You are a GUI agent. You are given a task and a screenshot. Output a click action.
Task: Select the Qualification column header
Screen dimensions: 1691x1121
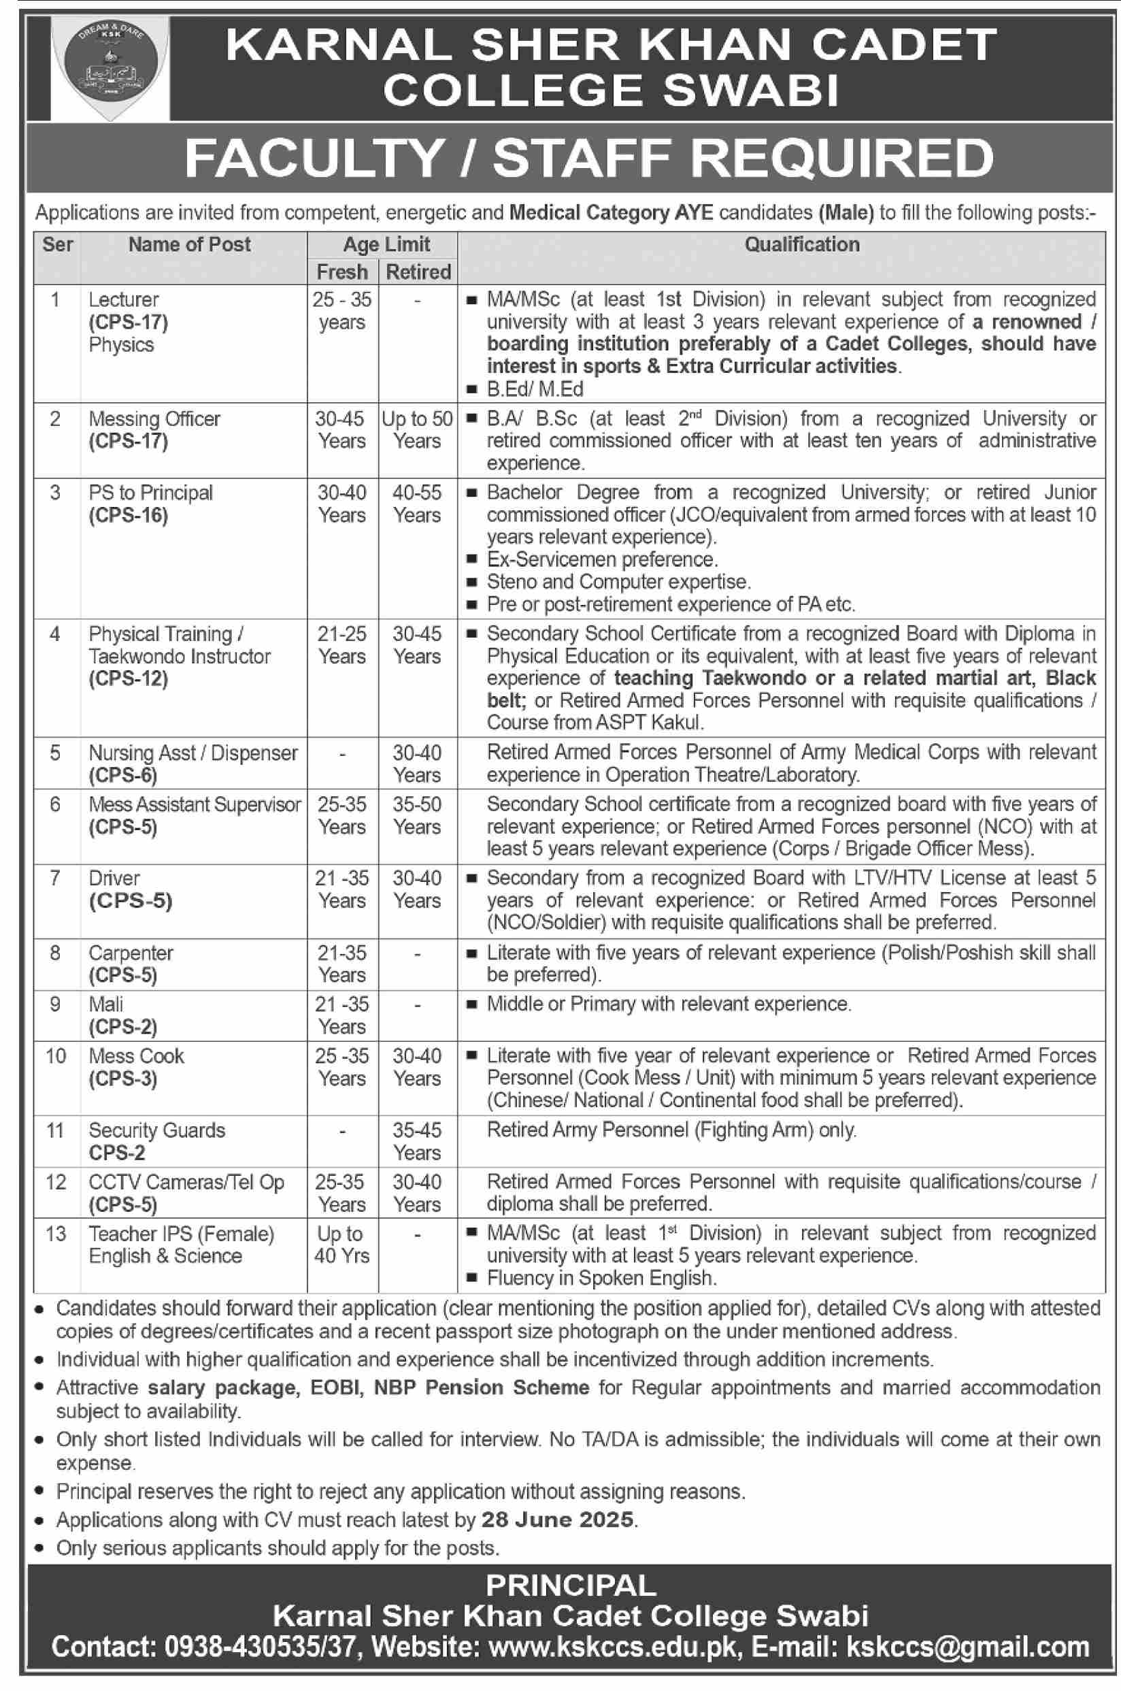801,244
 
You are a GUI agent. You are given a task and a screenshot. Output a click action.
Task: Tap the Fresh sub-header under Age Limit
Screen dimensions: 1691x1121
341,272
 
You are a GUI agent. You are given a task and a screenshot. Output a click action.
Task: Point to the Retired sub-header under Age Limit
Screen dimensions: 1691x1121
418,272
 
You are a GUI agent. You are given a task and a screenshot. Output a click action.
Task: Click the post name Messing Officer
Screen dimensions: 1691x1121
154,419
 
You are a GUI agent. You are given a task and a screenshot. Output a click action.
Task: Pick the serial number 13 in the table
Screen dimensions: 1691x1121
56,1234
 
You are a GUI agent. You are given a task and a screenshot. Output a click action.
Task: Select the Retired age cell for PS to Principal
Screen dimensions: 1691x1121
417,504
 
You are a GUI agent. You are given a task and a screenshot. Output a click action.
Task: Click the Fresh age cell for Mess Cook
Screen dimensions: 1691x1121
341,1067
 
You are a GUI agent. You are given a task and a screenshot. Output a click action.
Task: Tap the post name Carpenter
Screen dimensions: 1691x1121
131,953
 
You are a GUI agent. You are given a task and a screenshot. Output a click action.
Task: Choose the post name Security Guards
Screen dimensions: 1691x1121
156,1130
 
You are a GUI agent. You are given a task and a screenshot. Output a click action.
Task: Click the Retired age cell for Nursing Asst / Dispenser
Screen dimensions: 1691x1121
417,764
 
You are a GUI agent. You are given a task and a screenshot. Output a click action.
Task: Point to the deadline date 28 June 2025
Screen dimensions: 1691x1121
558,1520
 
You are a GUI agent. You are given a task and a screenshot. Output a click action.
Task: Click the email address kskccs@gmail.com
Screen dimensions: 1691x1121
967,1647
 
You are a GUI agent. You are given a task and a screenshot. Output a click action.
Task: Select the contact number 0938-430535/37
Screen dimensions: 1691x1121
261,1647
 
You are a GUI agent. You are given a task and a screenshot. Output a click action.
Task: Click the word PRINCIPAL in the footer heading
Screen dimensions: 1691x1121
571,1586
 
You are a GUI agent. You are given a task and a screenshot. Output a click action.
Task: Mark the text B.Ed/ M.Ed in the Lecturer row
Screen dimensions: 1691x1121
535,389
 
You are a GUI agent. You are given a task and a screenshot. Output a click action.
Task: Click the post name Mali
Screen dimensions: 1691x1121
106,1004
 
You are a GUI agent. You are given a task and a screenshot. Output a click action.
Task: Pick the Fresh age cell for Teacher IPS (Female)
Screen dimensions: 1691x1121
341,1245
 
